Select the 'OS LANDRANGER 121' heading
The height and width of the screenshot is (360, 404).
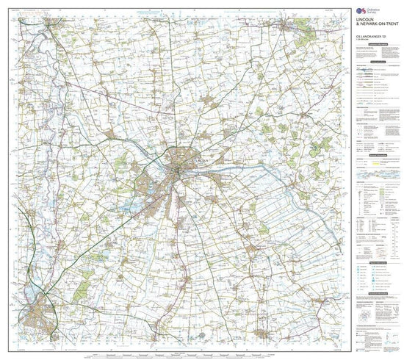pos(371,33)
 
